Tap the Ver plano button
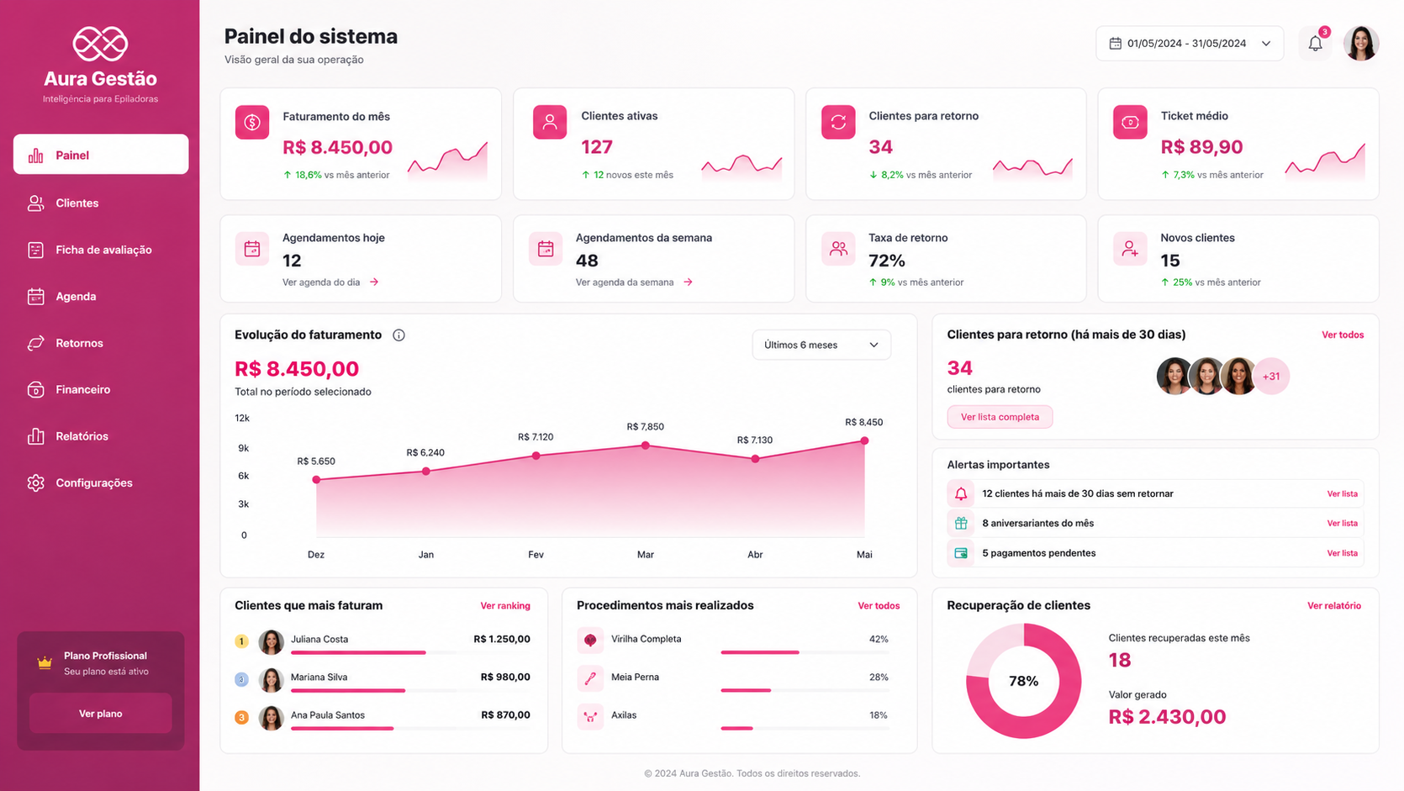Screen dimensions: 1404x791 coord(100,714)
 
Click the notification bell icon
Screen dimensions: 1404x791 coord(1315,43)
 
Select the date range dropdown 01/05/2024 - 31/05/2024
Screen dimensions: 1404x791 coord(1189,43)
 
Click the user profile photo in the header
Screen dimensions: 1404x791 coord(1361,43)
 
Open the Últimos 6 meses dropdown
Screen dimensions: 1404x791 coord(821,345)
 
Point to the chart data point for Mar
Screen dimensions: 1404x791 coord(645,446)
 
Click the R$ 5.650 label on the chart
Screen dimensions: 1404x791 coord(316,461)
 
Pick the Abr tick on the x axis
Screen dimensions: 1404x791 coord(755,555)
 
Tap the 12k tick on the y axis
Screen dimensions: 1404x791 coord(242,418)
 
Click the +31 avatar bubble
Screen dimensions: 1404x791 coord(1271,376)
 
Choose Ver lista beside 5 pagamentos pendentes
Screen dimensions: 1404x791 coord(1342,553)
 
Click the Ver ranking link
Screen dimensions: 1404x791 coord(505,605)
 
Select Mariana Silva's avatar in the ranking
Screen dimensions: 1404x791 coord(271,679)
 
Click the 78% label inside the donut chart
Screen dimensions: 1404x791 coord(1023,682)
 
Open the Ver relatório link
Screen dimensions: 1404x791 coord(1333,605)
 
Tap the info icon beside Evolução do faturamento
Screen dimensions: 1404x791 coord(399,335)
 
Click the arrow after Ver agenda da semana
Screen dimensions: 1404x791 coord(688,282)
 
